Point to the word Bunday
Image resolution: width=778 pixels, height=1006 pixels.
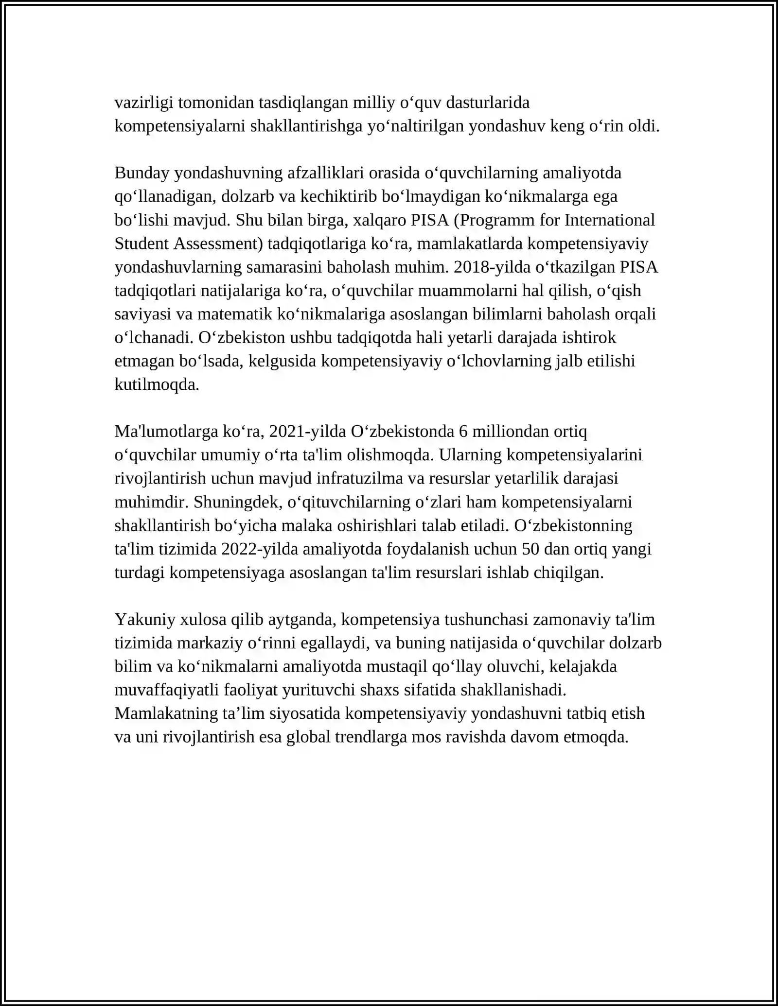tap(142, 173)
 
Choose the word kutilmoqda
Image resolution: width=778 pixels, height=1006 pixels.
tap(157, 384)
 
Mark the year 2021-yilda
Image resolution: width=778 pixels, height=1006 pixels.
tap(307, 432)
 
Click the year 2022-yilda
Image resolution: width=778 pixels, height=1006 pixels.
tap(260, 549)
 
